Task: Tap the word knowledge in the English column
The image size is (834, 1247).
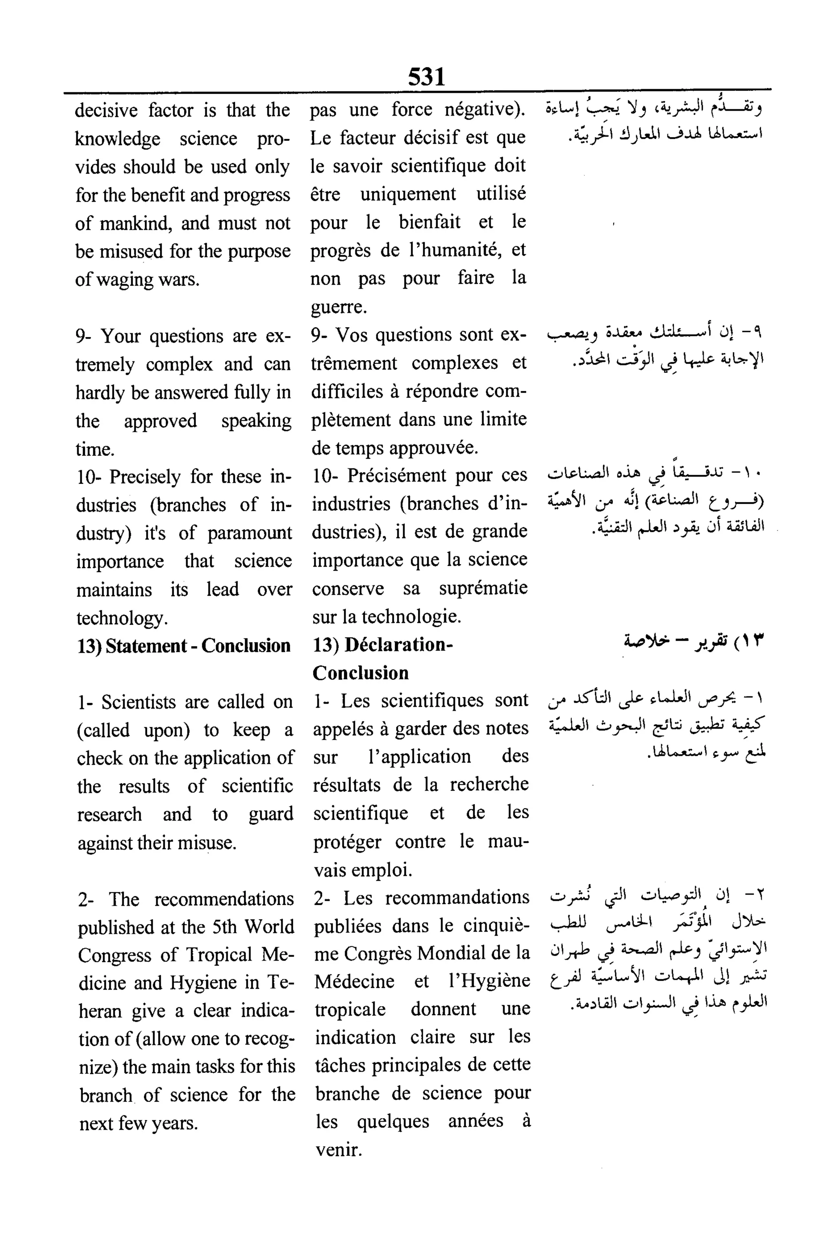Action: pyautogui.click(x=118, y=139)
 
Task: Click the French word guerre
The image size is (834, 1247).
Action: pyautogui.click(x=338, y=307)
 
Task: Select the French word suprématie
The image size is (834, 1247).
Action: pyautogui.click(x=483, y=588)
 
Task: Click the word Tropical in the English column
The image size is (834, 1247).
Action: pyautogui.click(x=220, y=955)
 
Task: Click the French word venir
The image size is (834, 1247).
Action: pyautogui.click(x=338, y=1150)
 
